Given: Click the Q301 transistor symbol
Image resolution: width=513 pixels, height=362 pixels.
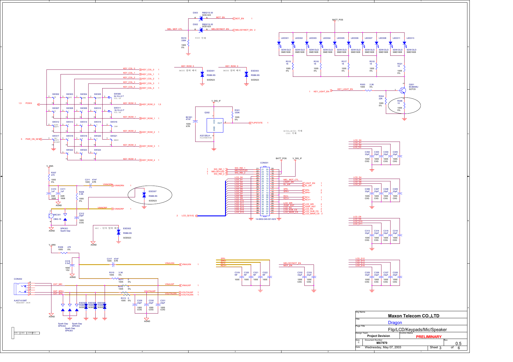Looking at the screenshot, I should (403, 90).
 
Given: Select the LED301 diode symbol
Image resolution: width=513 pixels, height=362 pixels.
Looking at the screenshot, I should (279, 43).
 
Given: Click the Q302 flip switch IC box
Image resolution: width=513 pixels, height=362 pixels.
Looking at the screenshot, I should (215, 125).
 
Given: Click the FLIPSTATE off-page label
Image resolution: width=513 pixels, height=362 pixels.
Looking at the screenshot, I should (257, 123).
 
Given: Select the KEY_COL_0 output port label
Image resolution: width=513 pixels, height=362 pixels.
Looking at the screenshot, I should (148, 70).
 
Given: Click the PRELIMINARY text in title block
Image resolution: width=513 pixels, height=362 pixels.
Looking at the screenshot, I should (429, 337).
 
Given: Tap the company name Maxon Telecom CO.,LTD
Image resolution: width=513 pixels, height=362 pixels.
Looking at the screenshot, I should (413, 316).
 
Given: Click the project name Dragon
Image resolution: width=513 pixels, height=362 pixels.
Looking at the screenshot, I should (395, 323).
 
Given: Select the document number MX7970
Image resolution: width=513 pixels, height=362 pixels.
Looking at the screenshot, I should (382, 343).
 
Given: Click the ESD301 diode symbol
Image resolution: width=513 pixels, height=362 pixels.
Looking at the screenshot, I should (202, 74).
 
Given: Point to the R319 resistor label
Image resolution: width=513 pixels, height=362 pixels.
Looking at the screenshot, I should (184, 38).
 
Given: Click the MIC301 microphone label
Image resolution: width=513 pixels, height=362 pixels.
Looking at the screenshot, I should (57, 215).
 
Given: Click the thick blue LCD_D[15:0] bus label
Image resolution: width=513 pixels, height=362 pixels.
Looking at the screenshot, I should (187, 216).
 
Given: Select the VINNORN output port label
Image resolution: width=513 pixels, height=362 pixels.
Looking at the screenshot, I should (119, 186).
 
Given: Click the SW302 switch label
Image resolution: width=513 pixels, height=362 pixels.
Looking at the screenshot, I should (56, 94).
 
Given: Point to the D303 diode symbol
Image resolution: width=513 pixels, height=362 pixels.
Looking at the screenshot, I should (201, 18).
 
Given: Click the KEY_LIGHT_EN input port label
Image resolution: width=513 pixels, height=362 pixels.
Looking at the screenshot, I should (321, 92).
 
